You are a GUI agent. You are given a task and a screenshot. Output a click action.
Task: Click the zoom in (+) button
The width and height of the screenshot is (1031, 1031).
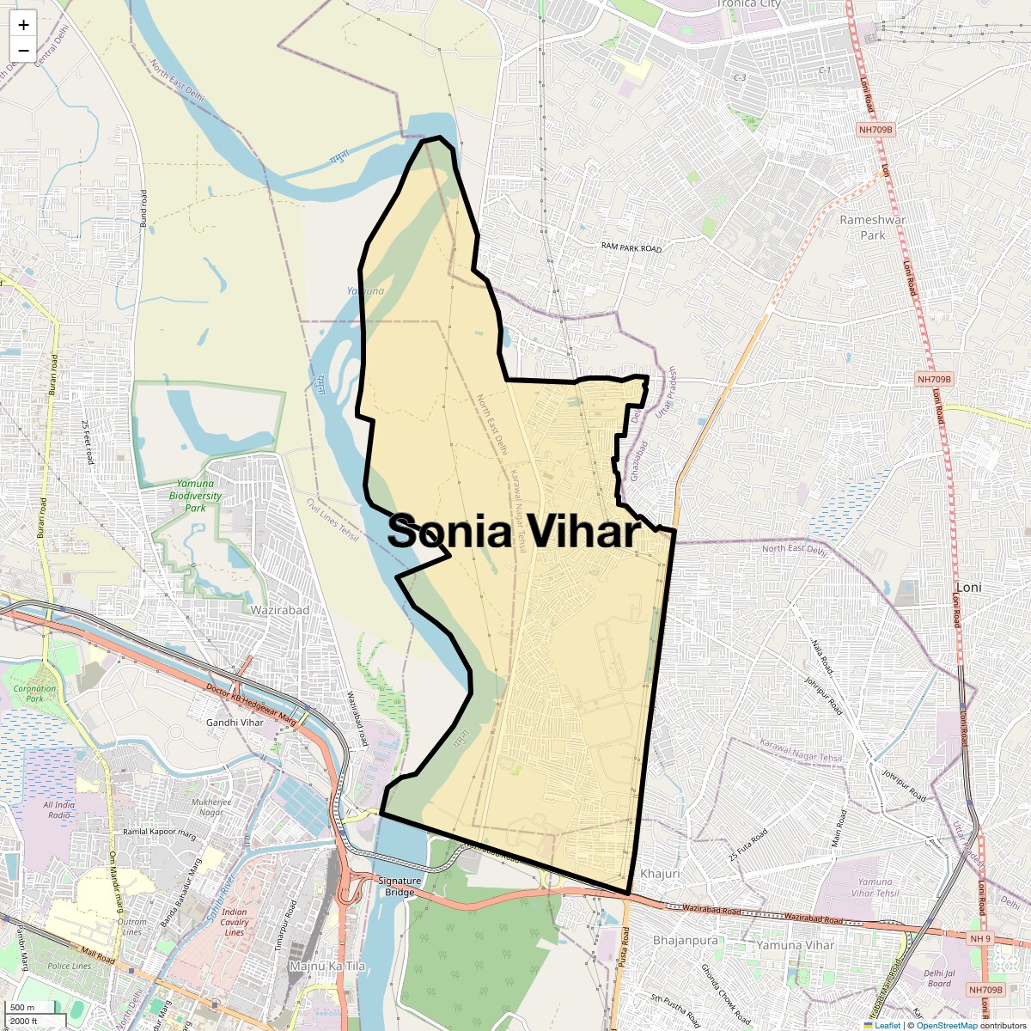[23, 25]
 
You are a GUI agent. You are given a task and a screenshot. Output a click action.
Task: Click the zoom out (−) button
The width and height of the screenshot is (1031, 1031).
[23, 50]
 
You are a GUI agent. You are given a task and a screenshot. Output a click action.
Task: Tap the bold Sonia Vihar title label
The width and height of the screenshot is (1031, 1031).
[514, 531]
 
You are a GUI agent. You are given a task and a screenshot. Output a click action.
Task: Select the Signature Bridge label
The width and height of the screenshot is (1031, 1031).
[400, 886]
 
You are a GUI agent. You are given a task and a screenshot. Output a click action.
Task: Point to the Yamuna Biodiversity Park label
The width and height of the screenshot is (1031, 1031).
[195, 496]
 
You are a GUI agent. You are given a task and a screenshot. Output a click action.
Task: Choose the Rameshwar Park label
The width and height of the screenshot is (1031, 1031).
[872, 227]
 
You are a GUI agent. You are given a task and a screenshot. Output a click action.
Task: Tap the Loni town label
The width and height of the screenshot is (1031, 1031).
[968, 587]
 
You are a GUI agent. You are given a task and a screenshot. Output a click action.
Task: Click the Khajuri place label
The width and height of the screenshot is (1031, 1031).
[660, 874]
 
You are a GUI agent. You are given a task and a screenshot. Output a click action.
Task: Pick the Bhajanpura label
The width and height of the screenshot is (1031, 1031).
[685, 941]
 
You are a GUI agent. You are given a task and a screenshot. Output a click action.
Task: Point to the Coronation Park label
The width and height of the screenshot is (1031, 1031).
[34, 693]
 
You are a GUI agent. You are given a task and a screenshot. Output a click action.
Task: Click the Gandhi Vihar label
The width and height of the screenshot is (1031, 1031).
[235, 723]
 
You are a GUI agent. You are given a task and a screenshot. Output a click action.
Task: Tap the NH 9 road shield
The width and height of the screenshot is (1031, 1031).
[979, 939]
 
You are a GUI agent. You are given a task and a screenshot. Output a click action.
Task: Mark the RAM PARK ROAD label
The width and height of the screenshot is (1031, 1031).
[631, 248]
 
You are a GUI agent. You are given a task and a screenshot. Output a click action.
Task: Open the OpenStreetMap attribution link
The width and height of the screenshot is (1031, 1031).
[947, 1025]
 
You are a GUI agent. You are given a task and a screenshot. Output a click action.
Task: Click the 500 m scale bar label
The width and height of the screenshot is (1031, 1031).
[22, 1008]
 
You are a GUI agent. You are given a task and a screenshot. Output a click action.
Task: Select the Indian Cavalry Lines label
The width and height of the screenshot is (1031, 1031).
[235, 922]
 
